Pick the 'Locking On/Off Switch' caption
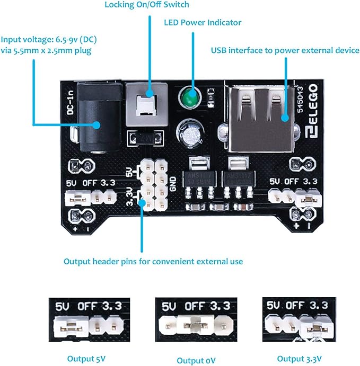pyautogui.click(x=147, y=5)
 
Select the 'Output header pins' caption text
pyautogui.click(x=153, y=261)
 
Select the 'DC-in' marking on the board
pyautogui.click(x=69, y=103)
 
